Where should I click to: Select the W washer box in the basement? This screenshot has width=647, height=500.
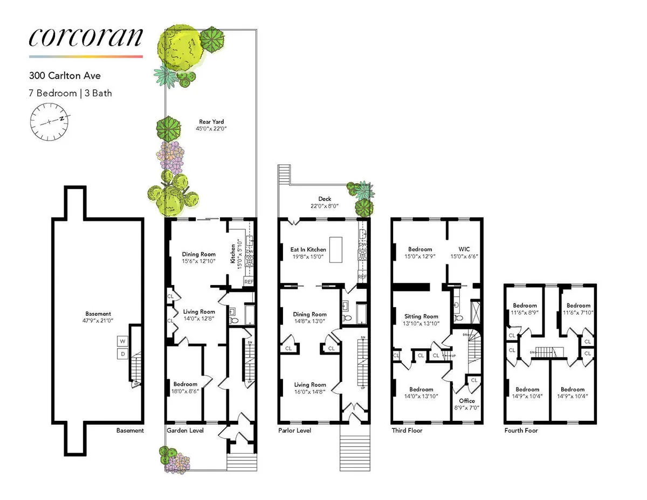pos(122,342)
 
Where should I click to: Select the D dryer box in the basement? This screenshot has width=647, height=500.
pos(122,353)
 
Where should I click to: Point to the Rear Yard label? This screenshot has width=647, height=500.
pos(211,122)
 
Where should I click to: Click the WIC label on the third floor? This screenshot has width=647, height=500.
pos(465,249)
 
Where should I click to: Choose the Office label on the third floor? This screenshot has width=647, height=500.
pos(467,400)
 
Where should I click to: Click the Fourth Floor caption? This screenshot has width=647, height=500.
pos(521,430)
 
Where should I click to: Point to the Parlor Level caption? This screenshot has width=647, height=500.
pos(294,430)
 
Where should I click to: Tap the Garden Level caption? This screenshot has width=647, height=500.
pos(185,430)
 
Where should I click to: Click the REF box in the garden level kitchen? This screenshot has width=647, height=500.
pos(249,281)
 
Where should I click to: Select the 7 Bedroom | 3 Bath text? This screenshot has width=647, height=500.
pos(71,93)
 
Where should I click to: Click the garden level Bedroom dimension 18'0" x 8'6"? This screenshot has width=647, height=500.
pos(185,391)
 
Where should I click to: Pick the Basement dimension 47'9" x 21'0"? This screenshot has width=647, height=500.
pos(98,321)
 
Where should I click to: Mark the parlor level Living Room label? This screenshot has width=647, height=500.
pos(310,385)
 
